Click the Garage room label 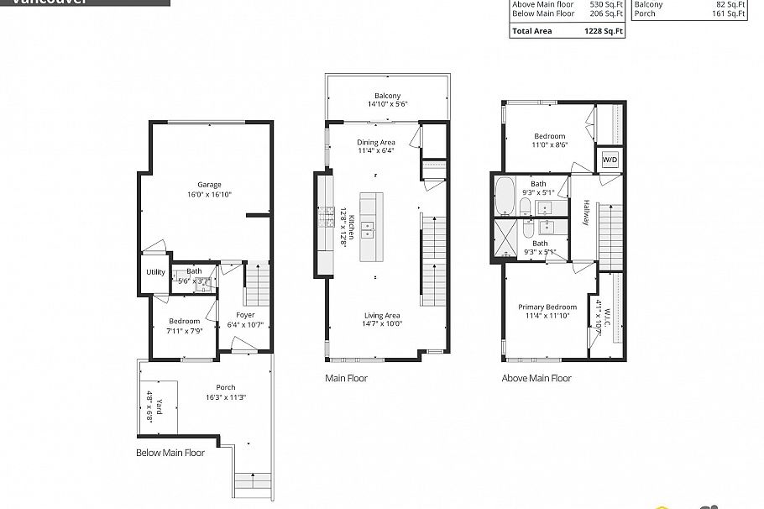[209, 185]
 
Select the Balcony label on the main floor [387, 96]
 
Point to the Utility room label [155, 272]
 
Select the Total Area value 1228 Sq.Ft [605, 31]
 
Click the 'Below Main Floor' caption [170, 453]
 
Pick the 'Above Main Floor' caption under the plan [536, 378]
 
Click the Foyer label [244, 315]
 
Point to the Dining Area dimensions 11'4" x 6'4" [375, 152]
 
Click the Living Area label [382, 315]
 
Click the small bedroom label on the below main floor [184, 321]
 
